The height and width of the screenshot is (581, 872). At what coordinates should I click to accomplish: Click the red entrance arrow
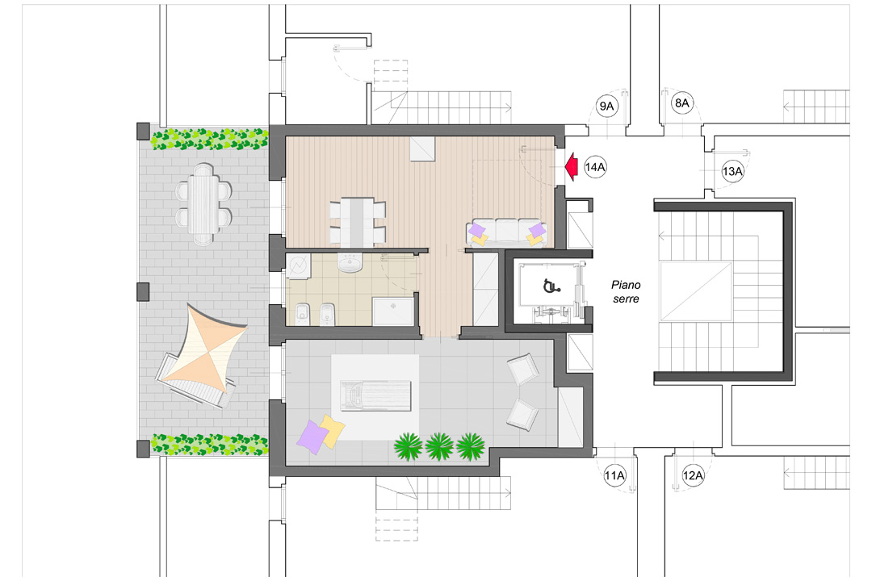pyautogui.click(x=571, y=167)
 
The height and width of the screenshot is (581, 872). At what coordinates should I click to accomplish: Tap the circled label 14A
pyautogui.click(x=595, y=168)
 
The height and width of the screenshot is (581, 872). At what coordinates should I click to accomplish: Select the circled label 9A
pyautogui.click(x=606, y=107)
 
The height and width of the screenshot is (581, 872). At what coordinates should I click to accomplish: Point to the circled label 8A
pyautogui.click(x=682, y=103)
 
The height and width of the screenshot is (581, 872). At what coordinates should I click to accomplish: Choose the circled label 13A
pyautogui.click(x=732, y=172)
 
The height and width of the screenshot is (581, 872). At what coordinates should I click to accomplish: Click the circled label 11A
pyautogui.click(x=615, y=476)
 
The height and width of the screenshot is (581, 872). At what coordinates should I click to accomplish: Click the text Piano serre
pyautogui.click(x=625, y=291)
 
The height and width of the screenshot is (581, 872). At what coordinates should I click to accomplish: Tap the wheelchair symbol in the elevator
pyautogui.click(x=550, y=286)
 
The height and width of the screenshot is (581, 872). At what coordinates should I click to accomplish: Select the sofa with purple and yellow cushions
pyautogui.click(x=507, y=232)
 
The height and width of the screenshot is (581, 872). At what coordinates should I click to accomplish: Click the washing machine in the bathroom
pyautogui.click(x=298, y=265)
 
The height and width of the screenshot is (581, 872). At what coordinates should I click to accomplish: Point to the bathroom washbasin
pyautogui.click(x=350, y=263)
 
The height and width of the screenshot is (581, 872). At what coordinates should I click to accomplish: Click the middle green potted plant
pyautogui.click(x=438, y=445)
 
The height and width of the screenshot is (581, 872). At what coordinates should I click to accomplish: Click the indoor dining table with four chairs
pyautogui.click(x=356, y=221)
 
